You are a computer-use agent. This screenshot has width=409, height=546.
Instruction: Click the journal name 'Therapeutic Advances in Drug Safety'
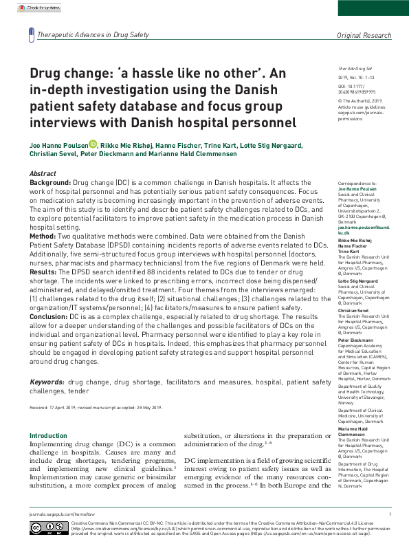[93, 34]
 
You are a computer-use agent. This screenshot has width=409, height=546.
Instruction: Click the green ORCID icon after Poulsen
[93, 145]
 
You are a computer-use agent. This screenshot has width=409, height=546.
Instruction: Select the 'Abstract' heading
[43, 174]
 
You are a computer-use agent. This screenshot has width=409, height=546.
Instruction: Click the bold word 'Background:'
[50, 184]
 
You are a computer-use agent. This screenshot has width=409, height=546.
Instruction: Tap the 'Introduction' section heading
[48, 436]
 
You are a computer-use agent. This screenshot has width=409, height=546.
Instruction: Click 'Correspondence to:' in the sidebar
[357, 184]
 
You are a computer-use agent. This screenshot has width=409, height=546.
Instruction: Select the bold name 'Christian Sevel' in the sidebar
[354, 311]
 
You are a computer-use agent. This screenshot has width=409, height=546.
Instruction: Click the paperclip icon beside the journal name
[32, 34]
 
